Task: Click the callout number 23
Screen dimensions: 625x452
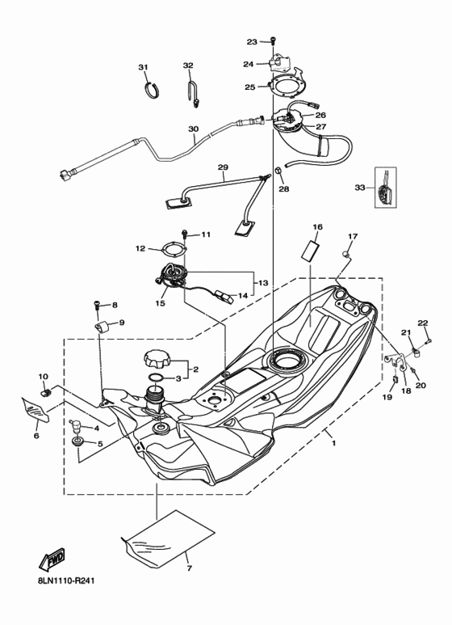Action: tap(251, 41)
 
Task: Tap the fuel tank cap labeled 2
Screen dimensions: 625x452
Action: tap(156, 358)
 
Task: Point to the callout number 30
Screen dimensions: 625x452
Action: tap(193, 129)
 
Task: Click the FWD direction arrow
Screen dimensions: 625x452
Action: tap(52, 559)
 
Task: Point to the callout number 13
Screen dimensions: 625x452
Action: tap(263, 283)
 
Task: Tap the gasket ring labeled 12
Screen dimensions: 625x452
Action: tap(168, 248)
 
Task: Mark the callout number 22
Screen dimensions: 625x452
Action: tap(422, 323)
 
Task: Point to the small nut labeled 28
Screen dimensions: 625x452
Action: tap(277, 171)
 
